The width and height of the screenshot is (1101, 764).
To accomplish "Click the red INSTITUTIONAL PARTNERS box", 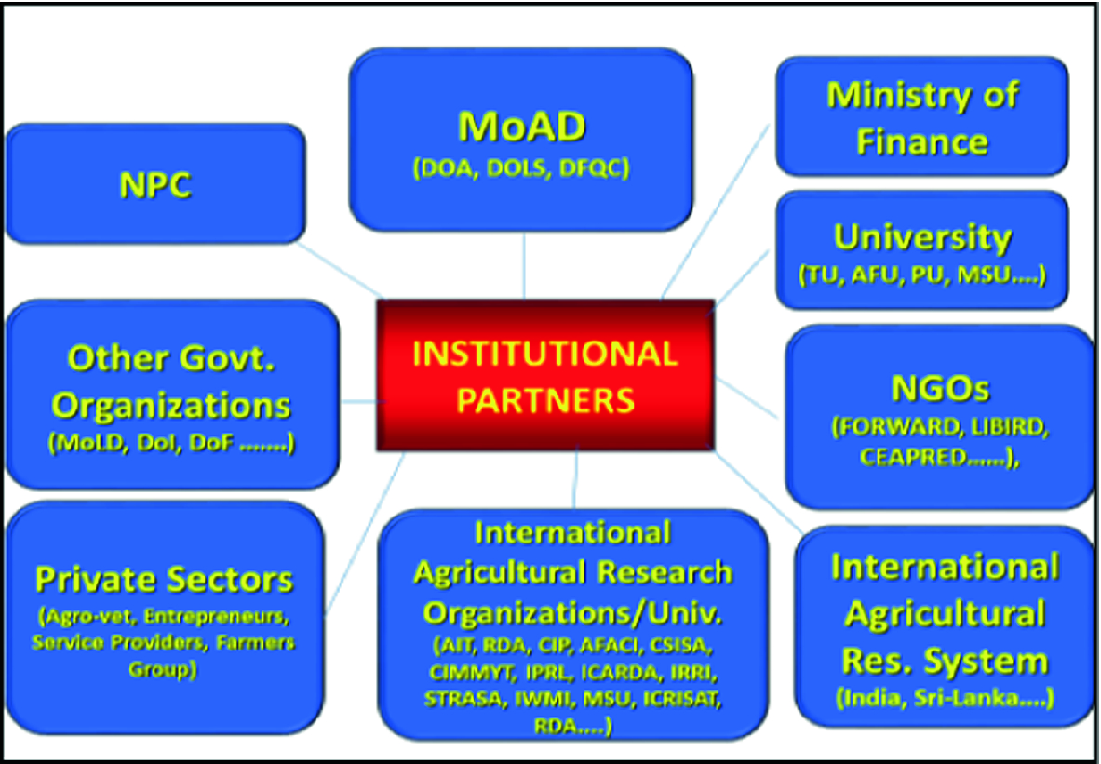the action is (545, 375).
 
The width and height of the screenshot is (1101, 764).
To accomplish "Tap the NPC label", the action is (155, 185).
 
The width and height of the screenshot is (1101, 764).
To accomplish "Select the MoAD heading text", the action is (521, 127).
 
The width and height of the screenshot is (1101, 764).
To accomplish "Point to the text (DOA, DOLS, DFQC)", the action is (521, 168).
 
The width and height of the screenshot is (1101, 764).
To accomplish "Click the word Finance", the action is (922, 142).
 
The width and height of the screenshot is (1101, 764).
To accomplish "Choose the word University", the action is (922, 238).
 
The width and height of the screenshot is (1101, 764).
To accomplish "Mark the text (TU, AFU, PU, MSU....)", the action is (922, 275).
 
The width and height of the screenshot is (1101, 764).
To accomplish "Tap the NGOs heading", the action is (940, 388).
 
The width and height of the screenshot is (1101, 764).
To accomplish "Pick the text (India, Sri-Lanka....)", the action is (945, 699).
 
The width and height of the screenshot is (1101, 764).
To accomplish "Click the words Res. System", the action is (945, 661).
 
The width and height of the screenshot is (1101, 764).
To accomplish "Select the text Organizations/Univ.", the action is (572, 614).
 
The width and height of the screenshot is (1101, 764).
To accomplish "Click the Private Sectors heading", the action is (165, 580).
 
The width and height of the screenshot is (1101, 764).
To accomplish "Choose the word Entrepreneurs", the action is (216, 617).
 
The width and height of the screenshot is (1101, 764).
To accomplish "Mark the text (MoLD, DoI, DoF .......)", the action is (171, 444).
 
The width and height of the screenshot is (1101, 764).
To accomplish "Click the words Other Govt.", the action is (171, 359).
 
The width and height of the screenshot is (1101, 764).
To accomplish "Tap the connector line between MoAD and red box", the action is (524, 265).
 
